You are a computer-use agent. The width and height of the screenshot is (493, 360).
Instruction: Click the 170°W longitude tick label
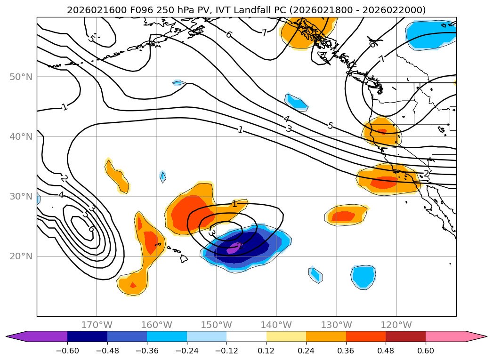point(97,325)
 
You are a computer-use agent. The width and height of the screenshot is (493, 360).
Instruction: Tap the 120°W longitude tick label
point(396,325)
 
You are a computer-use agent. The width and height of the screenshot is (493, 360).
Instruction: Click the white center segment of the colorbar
point(246,336)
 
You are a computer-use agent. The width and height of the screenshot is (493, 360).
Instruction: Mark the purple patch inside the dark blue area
point(234,248)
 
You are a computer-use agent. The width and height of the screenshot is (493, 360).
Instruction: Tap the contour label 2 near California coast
point(426,174)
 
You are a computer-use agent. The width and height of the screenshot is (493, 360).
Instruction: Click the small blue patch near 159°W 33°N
point(163,177)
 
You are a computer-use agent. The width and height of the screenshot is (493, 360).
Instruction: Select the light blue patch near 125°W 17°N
point(363,277)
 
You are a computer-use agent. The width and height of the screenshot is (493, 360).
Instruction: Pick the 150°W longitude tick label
point(216,325)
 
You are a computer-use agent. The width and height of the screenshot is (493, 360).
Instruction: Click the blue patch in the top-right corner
point(431,34)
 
